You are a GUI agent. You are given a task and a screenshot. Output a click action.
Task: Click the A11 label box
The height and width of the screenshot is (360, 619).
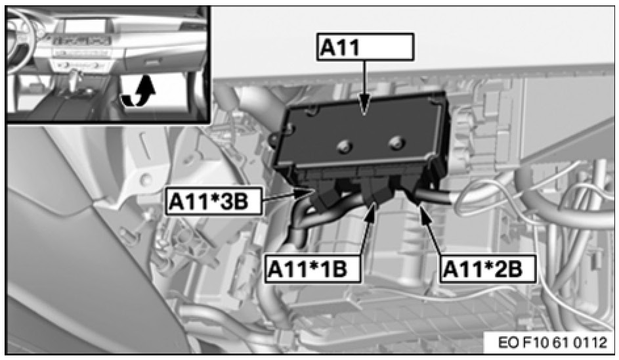pyautogui.click(x=365, y=47)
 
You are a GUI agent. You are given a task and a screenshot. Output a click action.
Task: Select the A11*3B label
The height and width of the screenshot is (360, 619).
pyautogui.click(x=214, y=201)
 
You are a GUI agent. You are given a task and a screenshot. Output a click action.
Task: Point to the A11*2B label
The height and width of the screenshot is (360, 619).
pyautogui.click(x=488, y=269)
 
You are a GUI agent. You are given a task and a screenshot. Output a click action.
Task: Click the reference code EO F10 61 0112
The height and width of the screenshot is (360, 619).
pyautogui.click(x=552, y=342)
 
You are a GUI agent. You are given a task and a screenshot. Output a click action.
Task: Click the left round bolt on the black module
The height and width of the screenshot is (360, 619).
pyautogui.click(x=344, y=146)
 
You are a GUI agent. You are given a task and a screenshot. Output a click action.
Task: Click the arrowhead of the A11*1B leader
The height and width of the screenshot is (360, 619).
pyautogui.click(x=372, y=208)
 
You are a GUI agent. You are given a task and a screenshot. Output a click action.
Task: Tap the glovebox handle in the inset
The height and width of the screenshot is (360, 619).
pyautogui.click(x=152, y=62)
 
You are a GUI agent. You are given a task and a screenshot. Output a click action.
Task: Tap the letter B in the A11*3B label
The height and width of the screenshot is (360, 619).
pyautogui.click(x=240, y=201)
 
